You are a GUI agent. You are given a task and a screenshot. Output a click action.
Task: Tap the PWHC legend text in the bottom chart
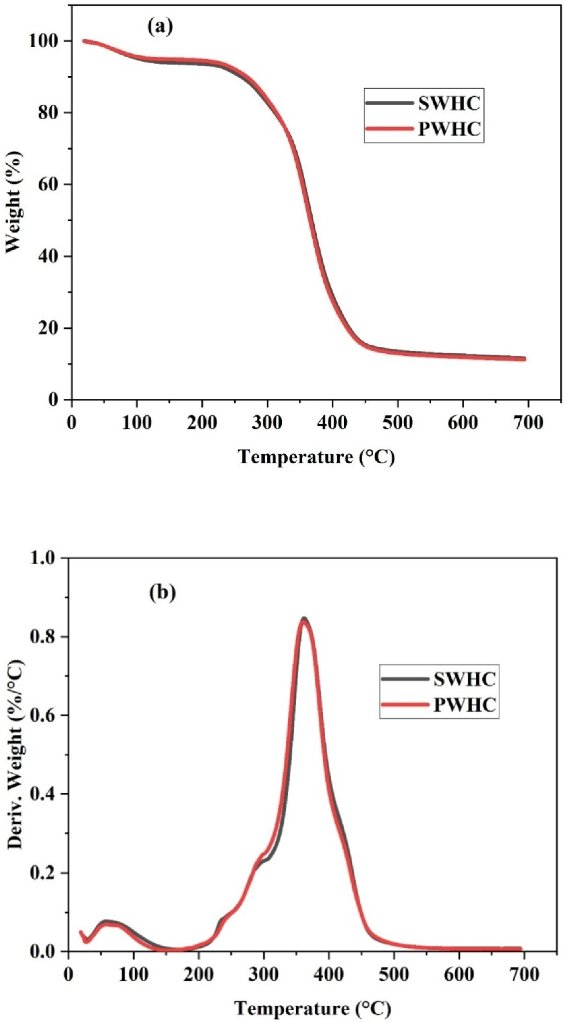click(464, 704)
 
